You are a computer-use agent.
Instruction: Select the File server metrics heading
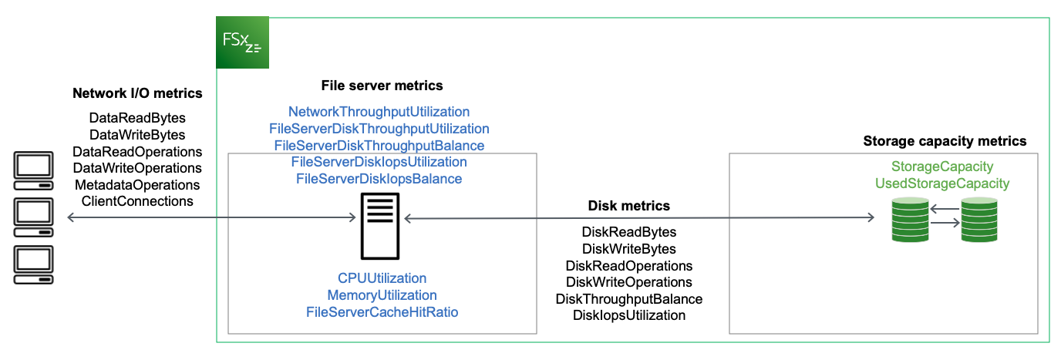382,86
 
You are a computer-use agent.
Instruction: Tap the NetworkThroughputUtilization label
379,112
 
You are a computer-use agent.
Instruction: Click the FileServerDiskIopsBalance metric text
379,179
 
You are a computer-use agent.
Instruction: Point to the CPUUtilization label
382,278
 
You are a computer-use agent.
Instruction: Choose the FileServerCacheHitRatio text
382,312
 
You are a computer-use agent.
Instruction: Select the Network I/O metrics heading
137,93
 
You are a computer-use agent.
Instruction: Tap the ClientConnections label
137,202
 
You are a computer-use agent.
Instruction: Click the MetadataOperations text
137,185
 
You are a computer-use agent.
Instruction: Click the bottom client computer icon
33,266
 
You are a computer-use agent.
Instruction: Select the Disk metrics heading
628,206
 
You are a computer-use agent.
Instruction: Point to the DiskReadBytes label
628,232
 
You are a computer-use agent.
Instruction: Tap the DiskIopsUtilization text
628,315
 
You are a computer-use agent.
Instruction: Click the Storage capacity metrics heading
945,141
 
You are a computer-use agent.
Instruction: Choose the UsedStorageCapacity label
941,183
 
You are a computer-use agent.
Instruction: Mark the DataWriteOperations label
137,168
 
